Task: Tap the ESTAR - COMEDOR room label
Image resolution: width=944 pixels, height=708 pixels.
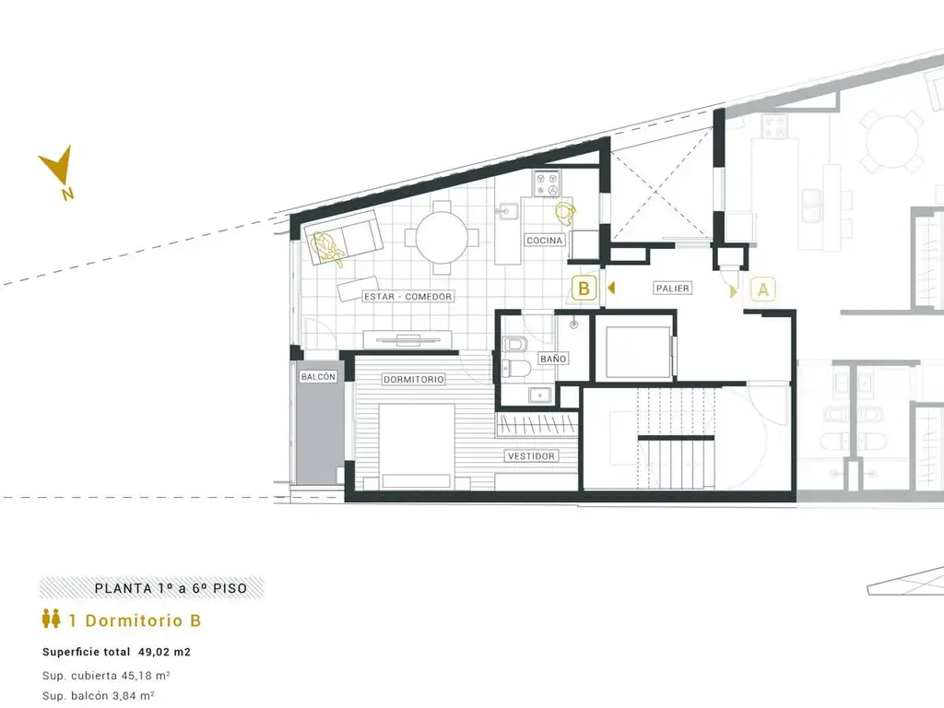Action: pyautogui.click(x=407, y=297)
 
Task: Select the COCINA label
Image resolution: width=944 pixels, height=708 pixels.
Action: pyautogui.click(x=544, y=241)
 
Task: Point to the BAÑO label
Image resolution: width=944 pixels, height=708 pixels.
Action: pyautogui.click(x=553, y=359)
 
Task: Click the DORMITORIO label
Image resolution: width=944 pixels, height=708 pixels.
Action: pyautogui.click(x=414, y=379)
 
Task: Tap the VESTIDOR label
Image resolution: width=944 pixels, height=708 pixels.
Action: pyautogui.click(x=531, y=456)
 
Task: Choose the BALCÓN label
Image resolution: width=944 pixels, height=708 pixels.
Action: pyautogui.click(x=318, y=377)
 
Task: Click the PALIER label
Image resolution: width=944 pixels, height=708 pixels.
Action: pyautogui.click(x=672, y=289)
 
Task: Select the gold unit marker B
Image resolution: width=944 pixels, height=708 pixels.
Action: pyautogui.click(x=584, y=289)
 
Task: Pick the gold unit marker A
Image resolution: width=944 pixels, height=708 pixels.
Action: pyautogui.click(x=762, y=289)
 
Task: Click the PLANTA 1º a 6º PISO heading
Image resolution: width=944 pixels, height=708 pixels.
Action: pyautogui.click(x=171, y=588)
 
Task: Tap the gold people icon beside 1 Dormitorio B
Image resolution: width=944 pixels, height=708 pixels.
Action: pyautogui.click(x=52, y=619)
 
